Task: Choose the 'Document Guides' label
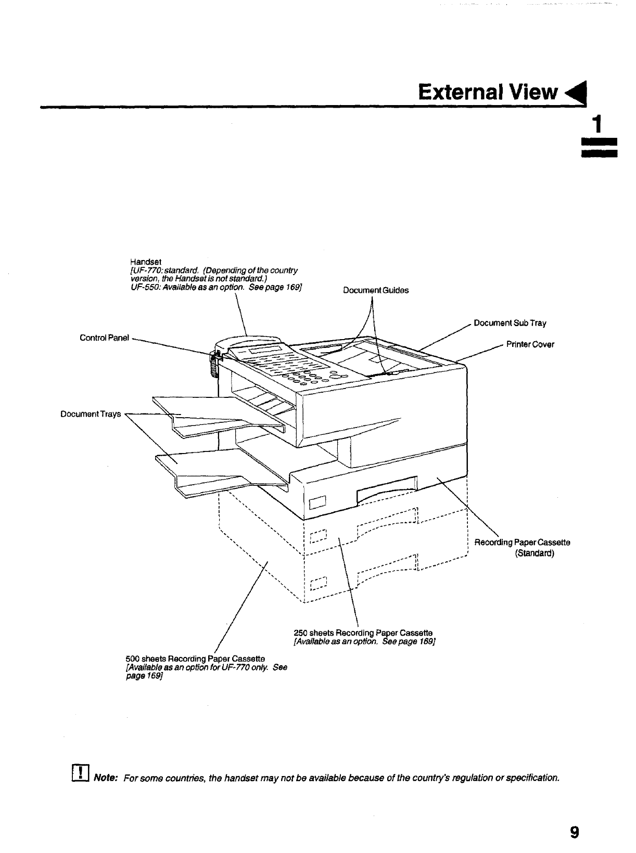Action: pyautogui.click(x=376, y=291)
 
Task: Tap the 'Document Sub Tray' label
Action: pyautogui.click(x=510, y=324)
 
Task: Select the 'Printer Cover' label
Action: pyautogui.click(x=530, y=344)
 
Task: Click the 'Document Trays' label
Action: pyautogui.click(x=91, y=414)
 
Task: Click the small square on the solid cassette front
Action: pyautogui.click(x=317, y=503)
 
